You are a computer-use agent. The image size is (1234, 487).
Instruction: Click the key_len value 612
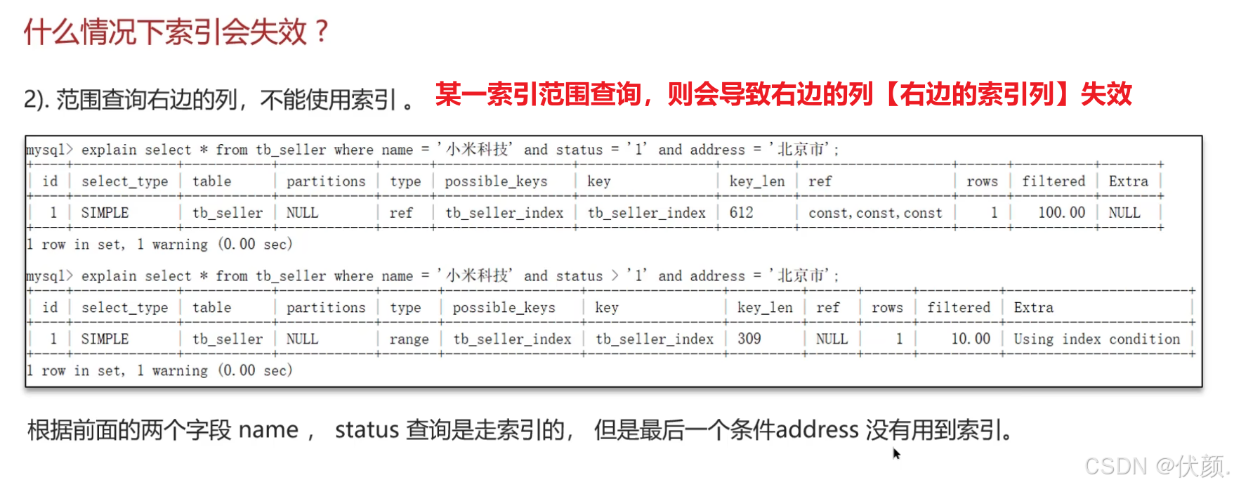click(x=741, y=213)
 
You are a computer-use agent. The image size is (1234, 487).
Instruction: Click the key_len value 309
click(x=749, y=339)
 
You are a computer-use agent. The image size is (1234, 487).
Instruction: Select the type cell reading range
click(x=409, y=339)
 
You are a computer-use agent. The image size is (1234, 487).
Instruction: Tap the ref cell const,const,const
click(x=874, y=213)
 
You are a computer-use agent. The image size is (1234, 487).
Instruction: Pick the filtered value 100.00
click(x=1061, y=213)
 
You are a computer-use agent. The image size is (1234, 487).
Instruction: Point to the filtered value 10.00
click(x=971, y=339)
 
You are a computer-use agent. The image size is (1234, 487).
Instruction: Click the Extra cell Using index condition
click(x=1096, y=339)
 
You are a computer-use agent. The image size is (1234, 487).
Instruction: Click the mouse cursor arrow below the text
click(x=896, y=453)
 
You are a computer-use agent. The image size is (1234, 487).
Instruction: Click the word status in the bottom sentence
click(x=367, y=429)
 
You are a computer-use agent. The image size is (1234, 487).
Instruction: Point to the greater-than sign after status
click(x=615, y=275)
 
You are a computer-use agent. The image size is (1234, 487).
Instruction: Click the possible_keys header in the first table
click(x=496, y=181)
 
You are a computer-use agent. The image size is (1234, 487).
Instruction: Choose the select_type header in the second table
click(x=124, y=308)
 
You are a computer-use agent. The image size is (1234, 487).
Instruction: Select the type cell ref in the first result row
click(x=401, y=213)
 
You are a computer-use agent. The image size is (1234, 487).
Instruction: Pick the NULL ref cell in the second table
click(x=832, y=339)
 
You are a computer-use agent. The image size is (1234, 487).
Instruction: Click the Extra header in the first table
click(x=1128, y=181)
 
